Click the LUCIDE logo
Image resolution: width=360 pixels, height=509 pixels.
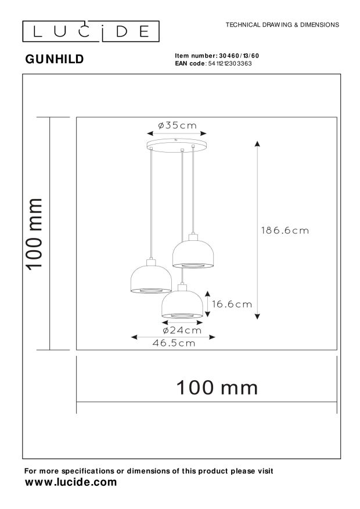[x=91, y=31]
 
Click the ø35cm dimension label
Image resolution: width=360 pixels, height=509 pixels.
[x=178, y=125]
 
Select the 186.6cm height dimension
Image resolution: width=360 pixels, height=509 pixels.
[x=285, y=230]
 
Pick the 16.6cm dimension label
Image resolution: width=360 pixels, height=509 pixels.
[x=232, y=304]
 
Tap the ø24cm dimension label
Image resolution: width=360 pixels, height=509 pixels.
[x=182, y=330]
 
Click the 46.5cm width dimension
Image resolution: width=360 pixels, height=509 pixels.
[x=174, y=343]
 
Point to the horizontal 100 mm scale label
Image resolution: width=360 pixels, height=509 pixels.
[x=217, y=387]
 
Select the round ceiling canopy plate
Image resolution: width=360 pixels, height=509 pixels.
[x=178, y=142]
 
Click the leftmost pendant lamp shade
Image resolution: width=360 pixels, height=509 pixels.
[x=149, y=280]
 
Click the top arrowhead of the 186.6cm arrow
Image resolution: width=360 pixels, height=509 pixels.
[x=257, y=143]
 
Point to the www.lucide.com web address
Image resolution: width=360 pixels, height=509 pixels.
[x=70, y=482]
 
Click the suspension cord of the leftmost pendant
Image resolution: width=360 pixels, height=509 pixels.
[x=150, y=203]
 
